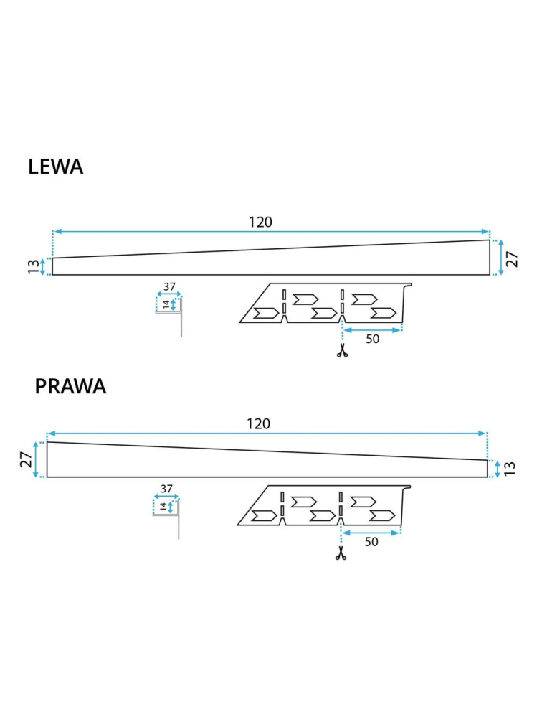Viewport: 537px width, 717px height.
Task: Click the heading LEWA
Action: click(56, 167)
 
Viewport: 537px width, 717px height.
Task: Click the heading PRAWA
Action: click(70, 386)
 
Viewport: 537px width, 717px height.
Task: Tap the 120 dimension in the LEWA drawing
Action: click(260, 222)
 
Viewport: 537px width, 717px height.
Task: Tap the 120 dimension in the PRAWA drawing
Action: click(258, 424)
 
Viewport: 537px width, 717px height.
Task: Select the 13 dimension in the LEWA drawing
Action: click(33, 266)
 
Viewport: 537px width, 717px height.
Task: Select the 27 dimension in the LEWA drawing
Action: click(513, 258)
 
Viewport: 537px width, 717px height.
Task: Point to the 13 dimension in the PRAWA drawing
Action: click(510, 469)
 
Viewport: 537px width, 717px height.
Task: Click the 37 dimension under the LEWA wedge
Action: click(169, 287)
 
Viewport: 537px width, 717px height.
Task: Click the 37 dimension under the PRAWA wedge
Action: click(166, 489)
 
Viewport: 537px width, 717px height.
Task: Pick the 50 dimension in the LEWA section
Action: click(372, 339)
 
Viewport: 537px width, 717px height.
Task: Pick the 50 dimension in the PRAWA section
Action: click(371, 542)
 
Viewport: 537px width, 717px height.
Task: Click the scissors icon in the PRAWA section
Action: click(341, 553)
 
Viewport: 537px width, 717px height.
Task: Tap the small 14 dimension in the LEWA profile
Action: click(166, 304)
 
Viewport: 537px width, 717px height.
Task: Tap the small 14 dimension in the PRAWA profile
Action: click(163, 507)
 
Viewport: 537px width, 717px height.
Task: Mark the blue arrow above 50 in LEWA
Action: click(372, 329)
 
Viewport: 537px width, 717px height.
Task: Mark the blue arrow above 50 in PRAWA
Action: click(371, 533)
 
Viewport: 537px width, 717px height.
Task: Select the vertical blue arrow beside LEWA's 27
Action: click(500, 258)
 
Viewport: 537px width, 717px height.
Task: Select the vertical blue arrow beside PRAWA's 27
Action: click(35, 459)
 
